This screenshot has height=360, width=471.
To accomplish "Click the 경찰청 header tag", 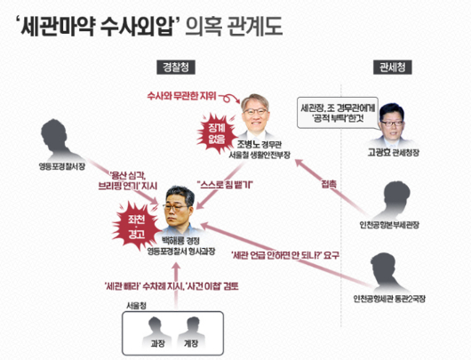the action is tap(176, 67).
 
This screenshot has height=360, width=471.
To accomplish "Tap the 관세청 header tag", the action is tap(392, 67).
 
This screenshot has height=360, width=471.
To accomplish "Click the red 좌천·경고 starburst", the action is tap(137, 227).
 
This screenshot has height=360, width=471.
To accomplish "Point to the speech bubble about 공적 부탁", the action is tap(338, 113).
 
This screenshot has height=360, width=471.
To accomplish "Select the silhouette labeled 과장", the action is tap(156, 333).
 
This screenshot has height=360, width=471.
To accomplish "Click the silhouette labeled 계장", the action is tap(191, 333).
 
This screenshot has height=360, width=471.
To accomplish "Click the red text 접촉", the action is tap(329, 184).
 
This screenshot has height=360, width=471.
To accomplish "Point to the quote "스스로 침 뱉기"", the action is tap(225, 185).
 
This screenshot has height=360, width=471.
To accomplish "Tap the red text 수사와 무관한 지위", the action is tap(181, 96).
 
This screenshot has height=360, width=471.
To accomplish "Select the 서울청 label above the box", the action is tap(136, 306).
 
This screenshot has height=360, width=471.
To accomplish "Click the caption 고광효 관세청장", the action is tap(393, 152).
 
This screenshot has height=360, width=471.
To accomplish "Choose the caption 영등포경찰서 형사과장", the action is tap(180, 252).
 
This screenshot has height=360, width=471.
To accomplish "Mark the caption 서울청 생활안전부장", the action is tap(259, 155).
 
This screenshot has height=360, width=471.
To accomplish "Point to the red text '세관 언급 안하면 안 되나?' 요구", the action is tap(285, 255).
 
